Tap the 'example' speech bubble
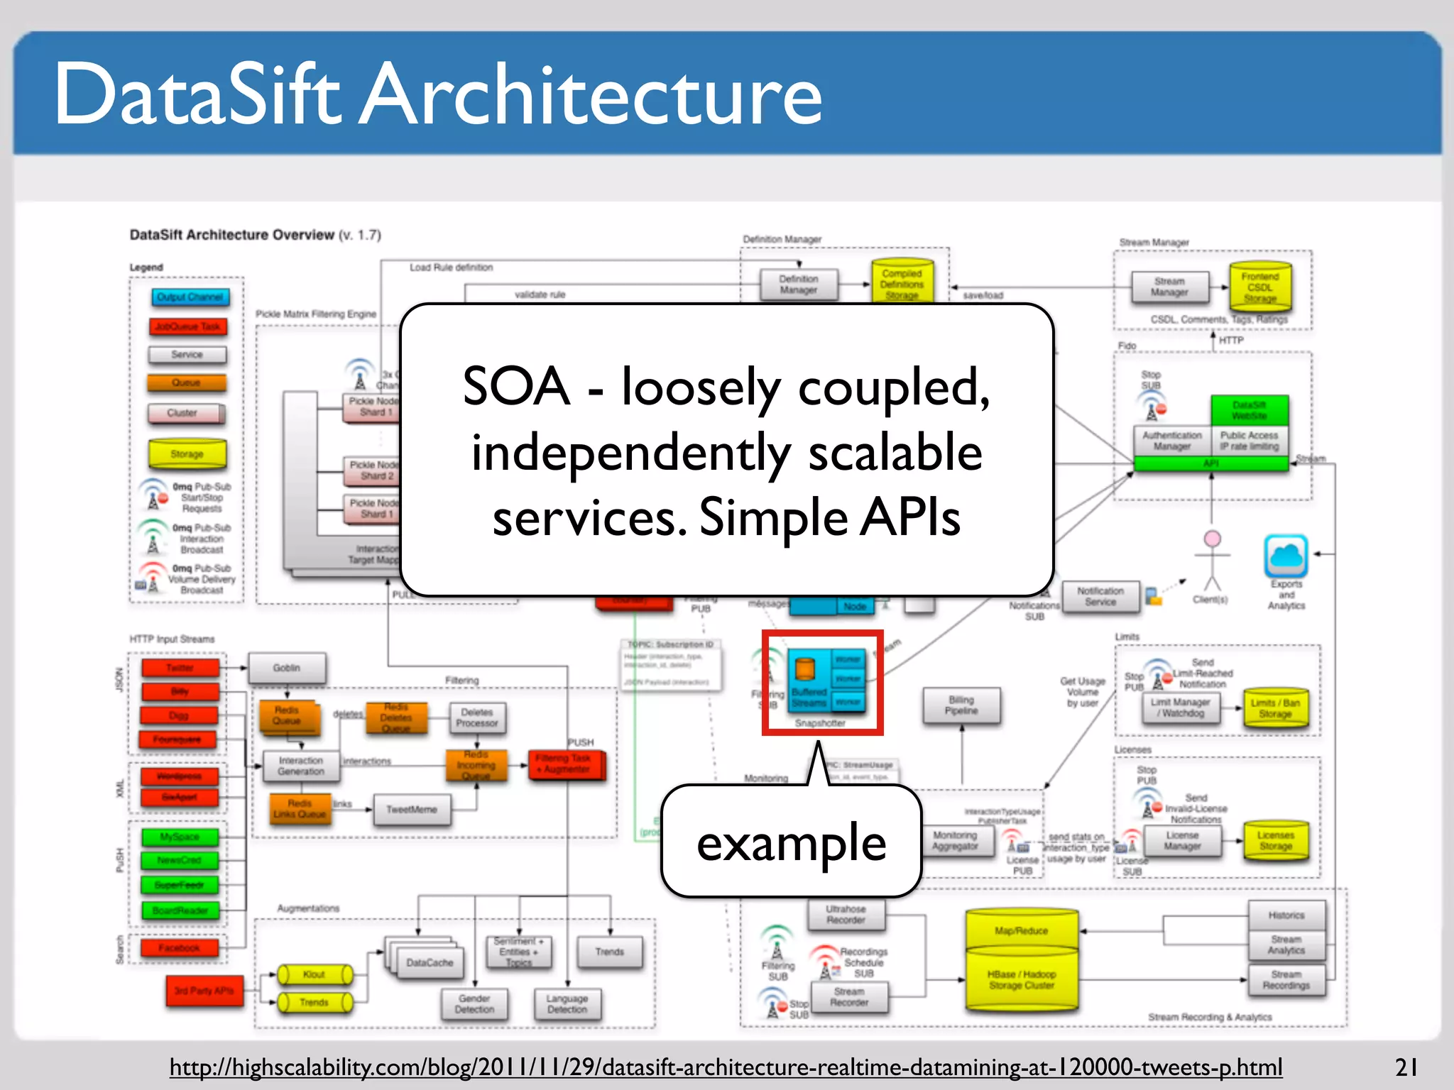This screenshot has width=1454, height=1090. (x=791, y=842)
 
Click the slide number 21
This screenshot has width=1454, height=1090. (x=1406, y=1067)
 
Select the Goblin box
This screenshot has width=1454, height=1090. (x=287, y=668)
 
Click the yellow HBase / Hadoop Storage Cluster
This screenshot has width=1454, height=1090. (x=1022, y=979)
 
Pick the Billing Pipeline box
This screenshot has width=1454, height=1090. (x=961, y=705)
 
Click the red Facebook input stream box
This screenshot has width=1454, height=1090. (x=179, y=948)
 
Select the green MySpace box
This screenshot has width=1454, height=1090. (x=180, y=837)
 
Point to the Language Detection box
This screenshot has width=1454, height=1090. (x=567, y=1003)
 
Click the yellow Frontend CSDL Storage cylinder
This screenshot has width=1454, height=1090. (x=1260, y=287)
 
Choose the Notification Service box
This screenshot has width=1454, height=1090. (x=1100, y=596)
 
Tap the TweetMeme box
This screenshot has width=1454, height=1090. (x=412, y=810)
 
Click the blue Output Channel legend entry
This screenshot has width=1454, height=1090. (x=190, y=297)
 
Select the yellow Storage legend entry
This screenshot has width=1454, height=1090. (x=187, y=454)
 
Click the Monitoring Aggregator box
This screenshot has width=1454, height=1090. (x=955, y=841)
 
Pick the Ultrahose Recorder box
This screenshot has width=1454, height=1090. (x=846, y=914)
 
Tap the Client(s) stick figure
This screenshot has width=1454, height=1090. (x=1212, y=561)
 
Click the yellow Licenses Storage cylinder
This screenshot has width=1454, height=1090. (x=1275, y=841)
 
